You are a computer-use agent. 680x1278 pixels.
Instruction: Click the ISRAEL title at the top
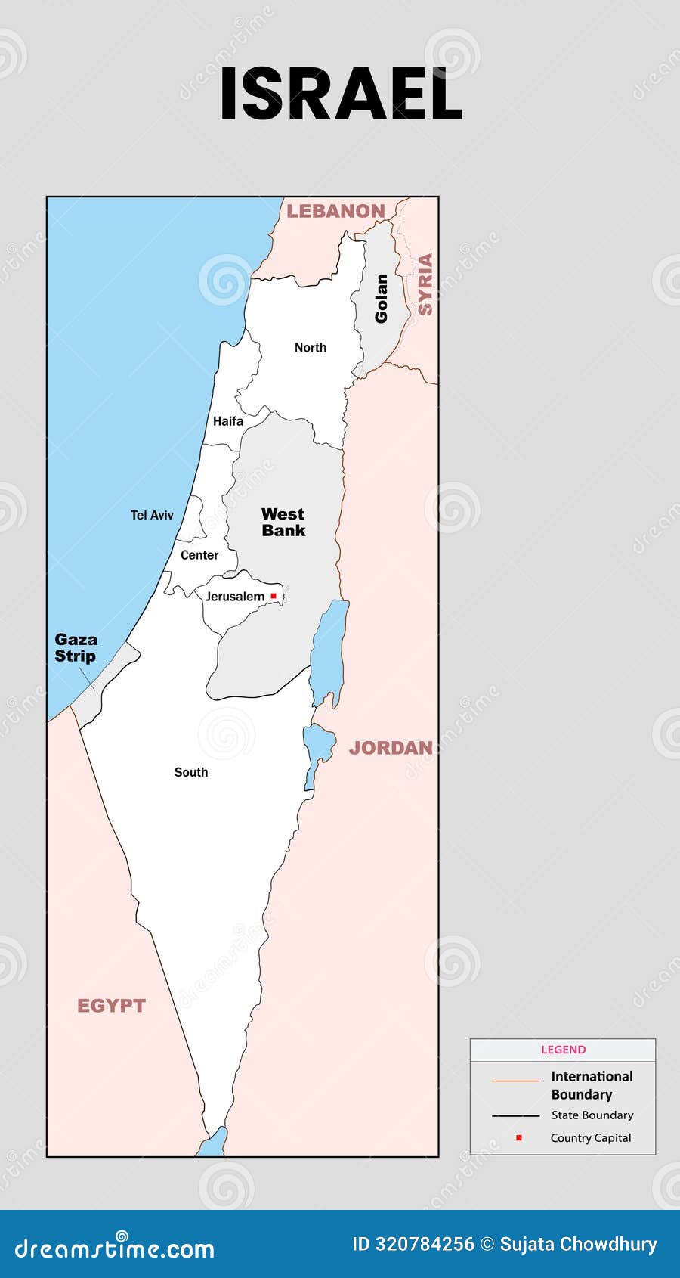(341, 95)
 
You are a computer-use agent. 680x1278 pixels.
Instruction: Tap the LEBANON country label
(335, 211)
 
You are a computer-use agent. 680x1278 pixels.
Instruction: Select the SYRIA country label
(425, 284)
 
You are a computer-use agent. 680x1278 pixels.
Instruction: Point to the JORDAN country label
(391, 748)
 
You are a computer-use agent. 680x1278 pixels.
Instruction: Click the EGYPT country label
(111, 1006)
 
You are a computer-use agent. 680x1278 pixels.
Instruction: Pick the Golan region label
(382, 298)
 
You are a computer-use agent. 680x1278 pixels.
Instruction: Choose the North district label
(311, 348)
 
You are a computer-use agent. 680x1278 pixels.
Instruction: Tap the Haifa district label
(228, 421)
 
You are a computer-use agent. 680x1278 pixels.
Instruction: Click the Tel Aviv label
(152, 515)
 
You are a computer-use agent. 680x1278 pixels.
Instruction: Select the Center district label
(199, 555)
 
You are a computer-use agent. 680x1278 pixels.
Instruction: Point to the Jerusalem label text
(235, 597)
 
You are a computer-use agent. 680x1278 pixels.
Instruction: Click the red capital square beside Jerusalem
(274, 596)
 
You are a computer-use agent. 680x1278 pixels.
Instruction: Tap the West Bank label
(283, 523)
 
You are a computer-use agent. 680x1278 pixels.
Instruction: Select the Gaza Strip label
(76, 648)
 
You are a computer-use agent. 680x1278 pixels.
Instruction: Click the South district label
(191, 772)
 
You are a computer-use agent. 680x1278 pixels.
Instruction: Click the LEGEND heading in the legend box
(563, 1050)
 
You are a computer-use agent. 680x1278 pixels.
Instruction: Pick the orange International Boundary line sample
(515, 1081)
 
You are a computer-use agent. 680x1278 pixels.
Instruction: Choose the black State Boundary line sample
(515, 1115)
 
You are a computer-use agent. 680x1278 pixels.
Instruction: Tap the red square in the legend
(518, 1137)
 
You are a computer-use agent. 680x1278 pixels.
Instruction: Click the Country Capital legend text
(590, 1138)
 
